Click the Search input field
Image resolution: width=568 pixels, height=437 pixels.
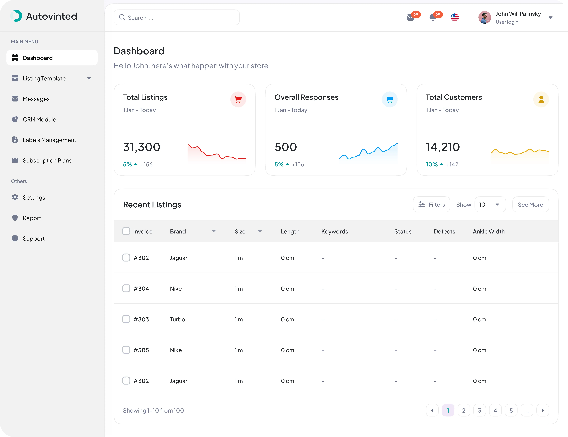[177, 17]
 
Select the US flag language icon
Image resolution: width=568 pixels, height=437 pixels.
[455, 17]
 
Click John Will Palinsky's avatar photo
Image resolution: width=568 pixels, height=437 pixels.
[484, 17]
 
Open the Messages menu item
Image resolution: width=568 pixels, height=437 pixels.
[36, 99]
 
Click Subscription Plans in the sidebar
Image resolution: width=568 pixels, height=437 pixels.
[47, 161]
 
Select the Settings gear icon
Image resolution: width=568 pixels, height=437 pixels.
[15, 197]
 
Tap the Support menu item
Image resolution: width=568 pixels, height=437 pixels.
[34, 239]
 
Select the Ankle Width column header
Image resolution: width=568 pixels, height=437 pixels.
[489, 232]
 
